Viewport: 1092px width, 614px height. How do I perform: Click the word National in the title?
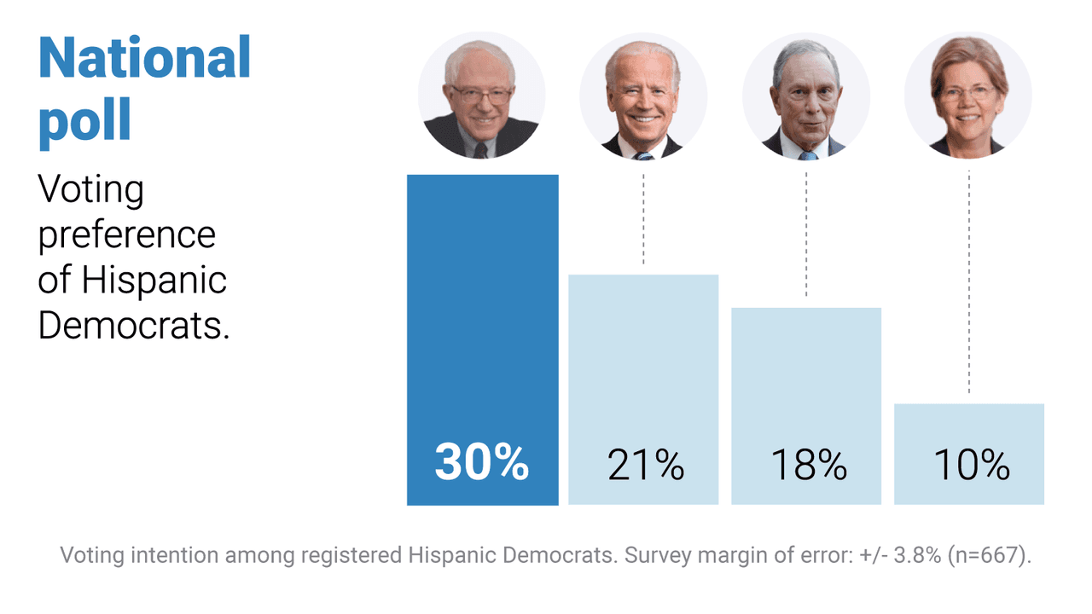144,58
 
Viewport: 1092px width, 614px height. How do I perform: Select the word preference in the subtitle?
127,235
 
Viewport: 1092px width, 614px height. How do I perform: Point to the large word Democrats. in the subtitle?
135,325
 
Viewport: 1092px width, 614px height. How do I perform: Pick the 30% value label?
482,464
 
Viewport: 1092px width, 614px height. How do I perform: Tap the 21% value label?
646,466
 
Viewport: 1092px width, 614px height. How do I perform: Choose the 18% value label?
808,466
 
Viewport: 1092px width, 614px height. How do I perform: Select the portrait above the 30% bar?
481,96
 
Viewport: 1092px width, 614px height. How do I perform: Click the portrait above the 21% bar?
643,96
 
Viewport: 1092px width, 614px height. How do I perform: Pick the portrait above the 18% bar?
806,96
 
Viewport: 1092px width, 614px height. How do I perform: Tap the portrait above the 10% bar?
968,96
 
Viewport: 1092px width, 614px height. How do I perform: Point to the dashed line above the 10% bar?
969,281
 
